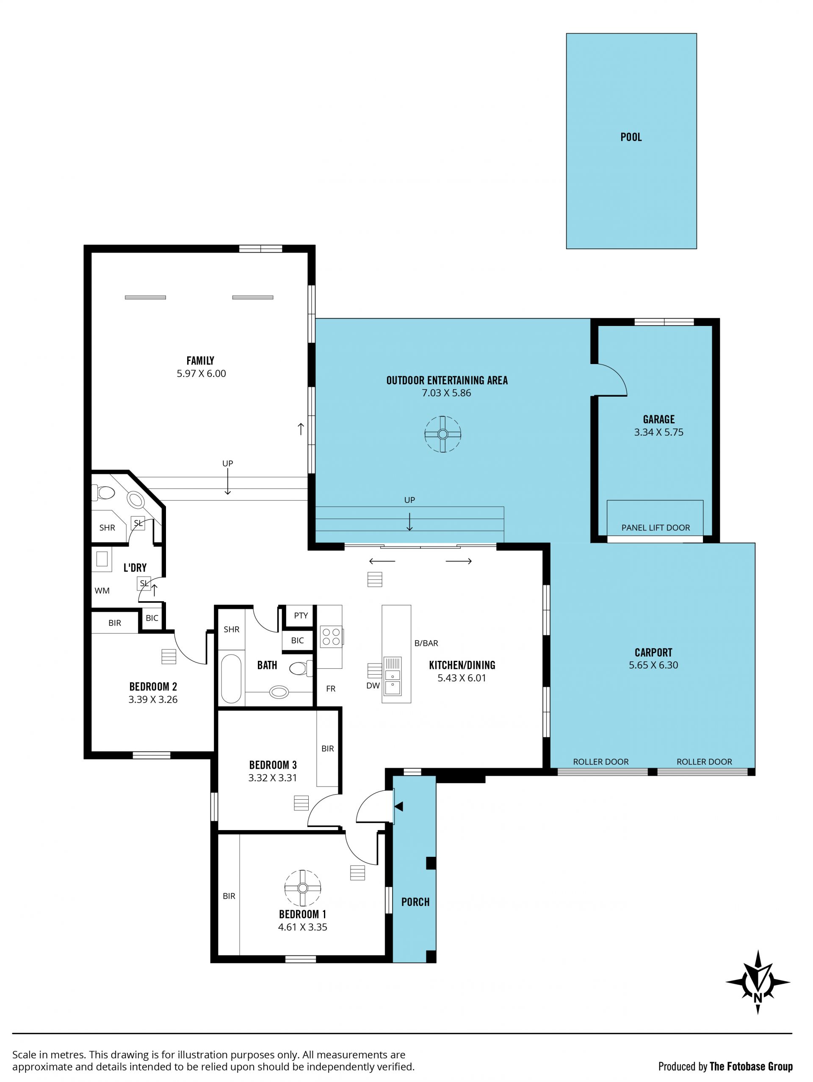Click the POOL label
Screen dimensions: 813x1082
[631, 137]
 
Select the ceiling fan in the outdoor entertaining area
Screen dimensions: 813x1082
[442, 434]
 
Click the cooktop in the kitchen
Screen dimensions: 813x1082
[331, 636]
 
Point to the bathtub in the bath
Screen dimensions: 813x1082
[231, 679]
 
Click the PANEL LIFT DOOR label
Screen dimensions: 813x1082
[655, 528]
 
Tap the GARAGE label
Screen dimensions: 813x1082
[658, 419]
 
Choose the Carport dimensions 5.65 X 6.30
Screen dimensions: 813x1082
[653, 665]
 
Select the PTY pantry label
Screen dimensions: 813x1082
[301, 616]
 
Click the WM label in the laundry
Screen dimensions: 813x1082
[102, 591]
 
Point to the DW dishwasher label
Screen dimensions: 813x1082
[373, 686]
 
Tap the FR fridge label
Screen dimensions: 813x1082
[331, 689]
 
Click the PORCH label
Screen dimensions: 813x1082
[415, 902]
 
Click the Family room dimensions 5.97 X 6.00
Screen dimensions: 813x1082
[201, 373]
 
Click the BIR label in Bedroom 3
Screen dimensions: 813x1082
[327, 748]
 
